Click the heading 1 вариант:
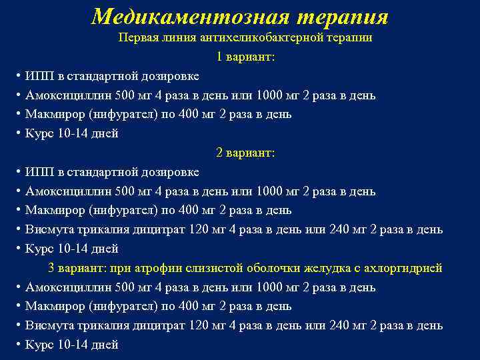245,57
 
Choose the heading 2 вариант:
245,153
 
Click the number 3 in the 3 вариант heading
51,268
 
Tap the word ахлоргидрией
406,268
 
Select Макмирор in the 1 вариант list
54,114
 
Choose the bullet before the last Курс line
18,345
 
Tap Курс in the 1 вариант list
39,133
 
